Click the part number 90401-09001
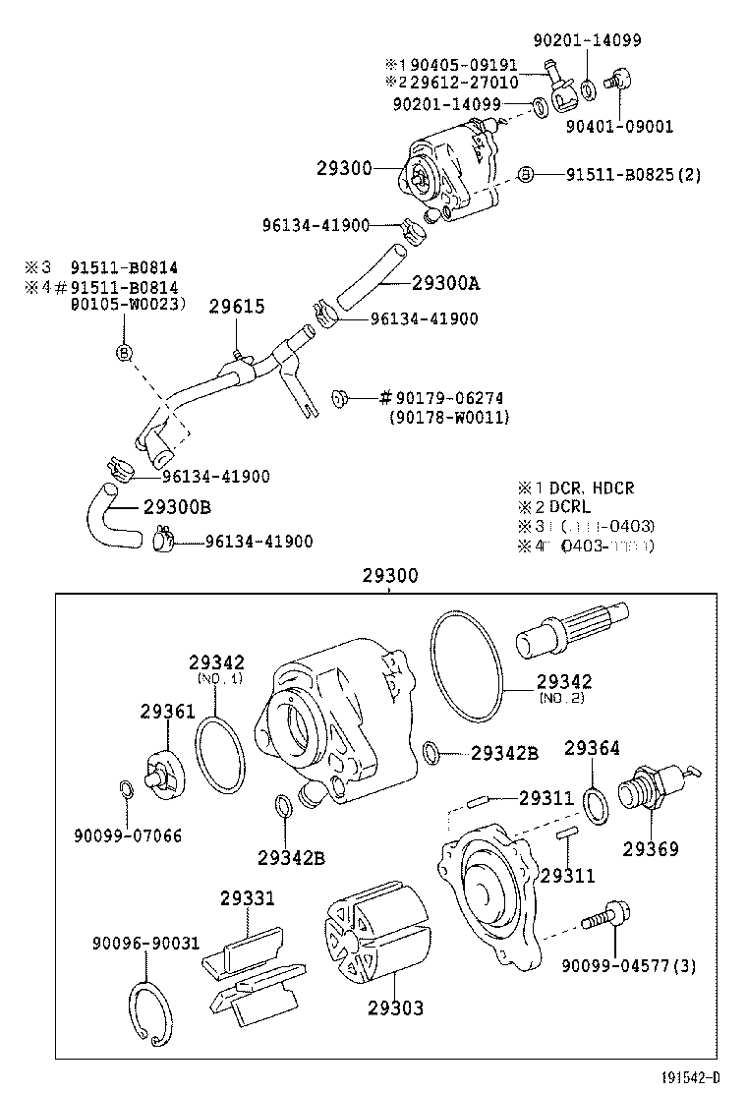coord(619,126)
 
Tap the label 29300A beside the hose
coord(445,283)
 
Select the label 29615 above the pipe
coord(236,306)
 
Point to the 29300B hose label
coord(177,507)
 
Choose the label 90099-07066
coord(127,835)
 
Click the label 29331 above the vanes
coord(247,897)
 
